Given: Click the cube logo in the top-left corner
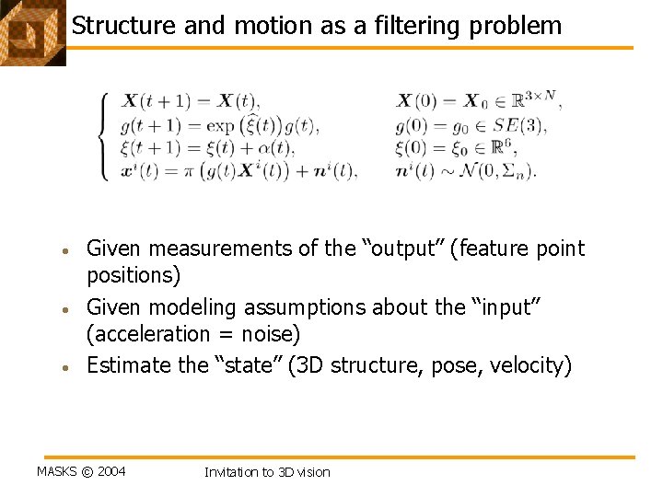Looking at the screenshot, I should [31, 32].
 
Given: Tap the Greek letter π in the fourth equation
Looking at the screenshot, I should [195, 169].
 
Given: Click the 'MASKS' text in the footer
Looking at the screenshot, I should [56, 472].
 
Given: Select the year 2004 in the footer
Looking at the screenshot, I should [111, 472].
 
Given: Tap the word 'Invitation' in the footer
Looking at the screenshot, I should [232, 472].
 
